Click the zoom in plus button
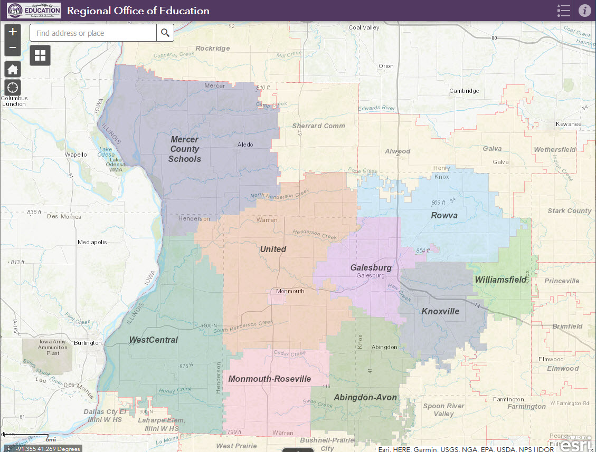point(13,32)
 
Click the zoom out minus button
point(13,48)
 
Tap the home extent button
point(13,69)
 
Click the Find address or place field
point(93,33)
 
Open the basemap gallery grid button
point(41,55)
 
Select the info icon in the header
point(584,11)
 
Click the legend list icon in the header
point(564,11)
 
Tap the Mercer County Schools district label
point(184,149)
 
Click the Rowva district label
point(444,215)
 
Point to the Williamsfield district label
point(500,280)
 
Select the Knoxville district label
point(440,311)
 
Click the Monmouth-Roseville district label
point(269,379)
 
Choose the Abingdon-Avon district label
point(365,397)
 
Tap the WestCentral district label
point(154,340)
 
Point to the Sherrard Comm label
point(318,126)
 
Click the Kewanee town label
point(568,124)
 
